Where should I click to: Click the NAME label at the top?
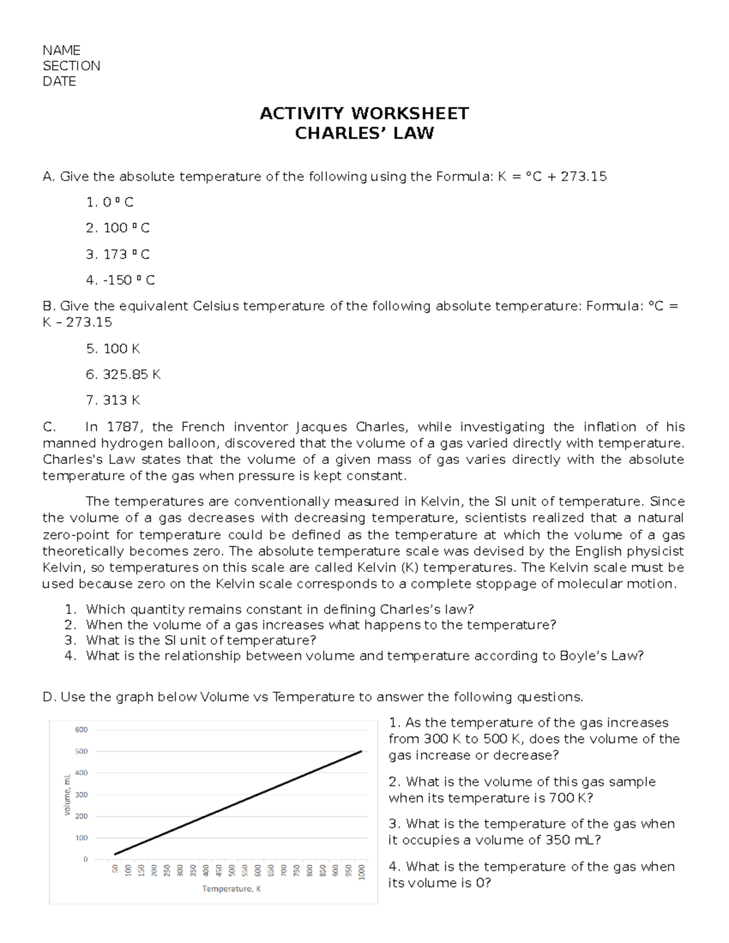pyautogui.click(x=61, y=50)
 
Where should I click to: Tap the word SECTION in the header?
pyautogui.click(x=71, y=66)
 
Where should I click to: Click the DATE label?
pyautogui.click(x=59, y=82)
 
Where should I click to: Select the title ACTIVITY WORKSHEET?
pyautogui.click(x=364, y=114)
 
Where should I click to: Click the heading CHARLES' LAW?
pyautogui.click(x=364, y=134)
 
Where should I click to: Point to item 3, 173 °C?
pyautogui.click(x=118, y=254)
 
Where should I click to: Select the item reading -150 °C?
pyautogui.click(x=120, y=281)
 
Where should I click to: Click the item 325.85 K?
pyautogui.click(x=123, y=375)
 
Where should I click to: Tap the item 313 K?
pyautogui.click(x=113, y=401)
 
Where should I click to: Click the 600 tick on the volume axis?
pyautogui.click(x=81, y=729)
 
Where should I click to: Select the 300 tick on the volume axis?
pyautogui.click(x=81, y=794)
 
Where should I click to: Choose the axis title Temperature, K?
pyautogui.click(x=231, y=889)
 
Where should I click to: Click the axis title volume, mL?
pyautogui.click(x=67, y=794)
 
